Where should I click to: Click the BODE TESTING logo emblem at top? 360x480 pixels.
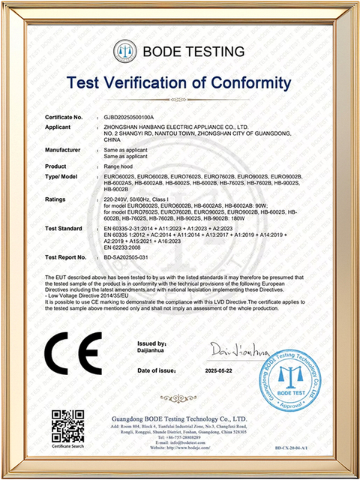[124, 52]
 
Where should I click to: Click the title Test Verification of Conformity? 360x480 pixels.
[180, 82]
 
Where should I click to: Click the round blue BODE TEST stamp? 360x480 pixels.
[295, 373]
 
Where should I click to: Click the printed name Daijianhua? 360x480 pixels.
[154, 349]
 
